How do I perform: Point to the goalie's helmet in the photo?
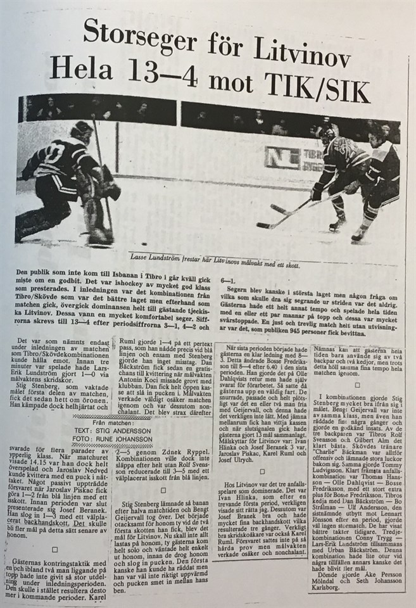coord(82,131)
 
